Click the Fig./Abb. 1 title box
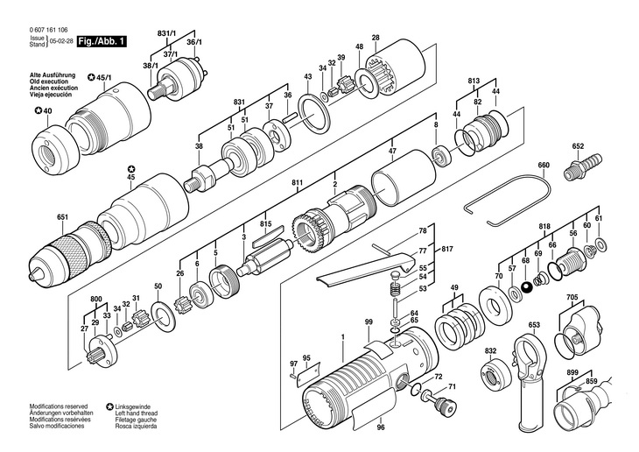coord(102,41)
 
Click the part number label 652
coord(578,146)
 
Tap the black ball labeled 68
coord(527,288)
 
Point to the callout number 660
coord(544,165)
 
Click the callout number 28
coord(376,38)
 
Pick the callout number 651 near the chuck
coord(62,217)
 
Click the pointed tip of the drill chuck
coord(30,276)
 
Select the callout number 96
coord(381,427)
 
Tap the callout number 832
coord(491,350)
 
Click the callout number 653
coord(534,325)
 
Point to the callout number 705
coord(572,297)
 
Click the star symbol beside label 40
coord(38,110)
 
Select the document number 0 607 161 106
coord(48,30)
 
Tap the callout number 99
coord(369,322)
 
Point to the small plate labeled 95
coord(308,375)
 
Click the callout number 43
coord(307,76)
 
